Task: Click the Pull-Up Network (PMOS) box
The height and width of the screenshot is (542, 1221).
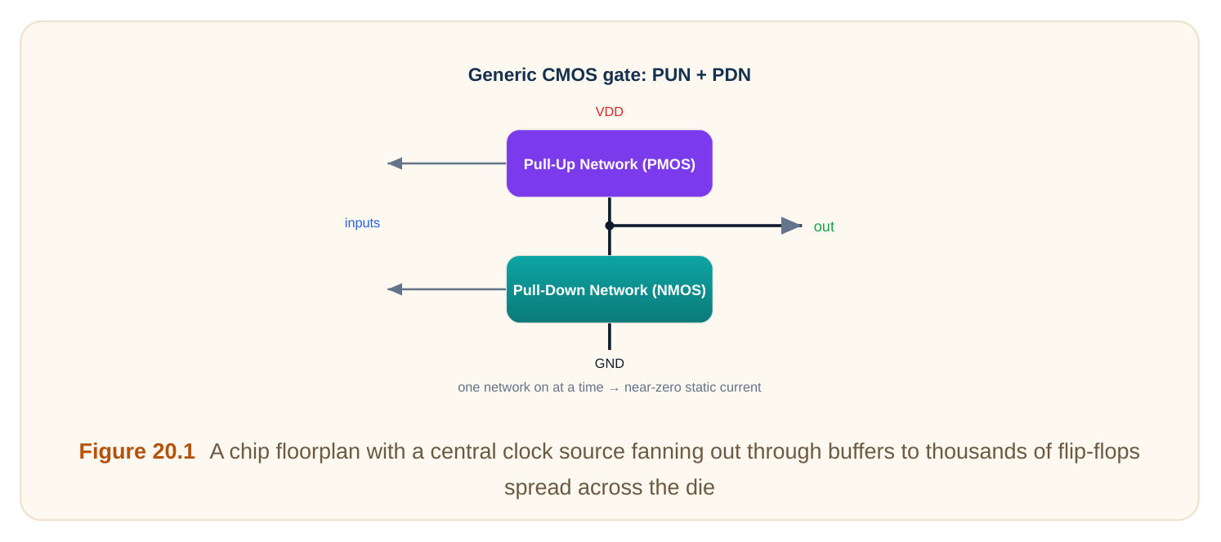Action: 610,163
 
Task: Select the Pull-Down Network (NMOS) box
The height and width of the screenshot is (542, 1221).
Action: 610,289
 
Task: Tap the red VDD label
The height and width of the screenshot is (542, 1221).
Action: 610,112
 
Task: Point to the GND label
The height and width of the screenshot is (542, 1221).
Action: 610,363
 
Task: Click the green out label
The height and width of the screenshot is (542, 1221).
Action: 824,226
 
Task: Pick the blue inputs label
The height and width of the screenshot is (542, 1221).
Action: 362,223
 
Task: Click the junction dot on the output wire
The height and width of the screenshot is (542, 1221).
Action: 610,226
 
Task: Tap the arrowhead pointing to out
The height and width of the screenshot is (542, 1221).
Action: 791,226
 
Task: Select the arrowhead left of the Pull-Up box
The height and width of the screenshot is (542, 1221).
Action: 395,163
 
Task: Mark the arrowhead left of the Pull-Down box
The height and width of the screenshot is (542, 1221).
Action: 395,289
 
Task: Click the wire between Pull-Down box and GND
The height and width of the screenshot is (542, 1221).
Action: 610,337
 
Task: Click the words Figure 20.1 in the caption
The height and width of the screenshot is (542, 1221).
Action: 136,451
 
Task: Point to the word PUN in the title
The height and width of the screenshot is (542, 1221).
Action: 672,74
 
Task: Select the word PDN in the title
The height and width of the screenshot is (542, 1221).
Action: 731,74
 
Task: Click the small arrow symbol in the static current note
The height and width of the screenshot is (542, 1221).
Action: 614,388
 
